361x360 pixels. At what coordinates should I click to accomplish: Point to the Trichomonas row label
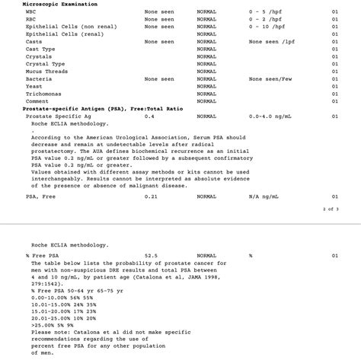(x=43, y=94)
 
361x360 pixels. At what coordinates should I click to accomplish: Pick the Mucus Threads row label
(x=47, y=72)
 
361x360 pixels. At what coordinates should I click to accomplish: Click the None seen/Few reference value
(x=270, y=79)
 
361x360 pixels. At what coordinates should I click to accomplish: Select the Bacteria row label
(x=39, y=79)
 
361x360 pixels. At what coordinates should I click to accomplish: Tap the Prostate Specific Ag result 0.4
(x=149, y=116)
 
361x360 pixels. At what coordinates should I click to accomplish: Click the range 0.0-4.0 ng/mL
(x=271, y=116)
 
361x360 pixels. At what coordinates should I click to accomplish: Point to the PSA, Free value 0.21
(x=151, y=196)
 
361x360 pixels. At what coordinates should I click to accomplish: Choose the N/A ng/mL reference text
(x=264, y=196)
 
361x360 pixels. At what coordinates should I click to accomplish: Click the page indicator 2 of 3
(x=331, y=209)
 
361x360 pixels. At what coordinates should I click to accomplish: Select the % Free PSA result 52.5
(x=151, y=256)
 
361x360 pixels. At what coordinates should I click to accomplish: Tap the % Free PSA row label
(x=41, y=256)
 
